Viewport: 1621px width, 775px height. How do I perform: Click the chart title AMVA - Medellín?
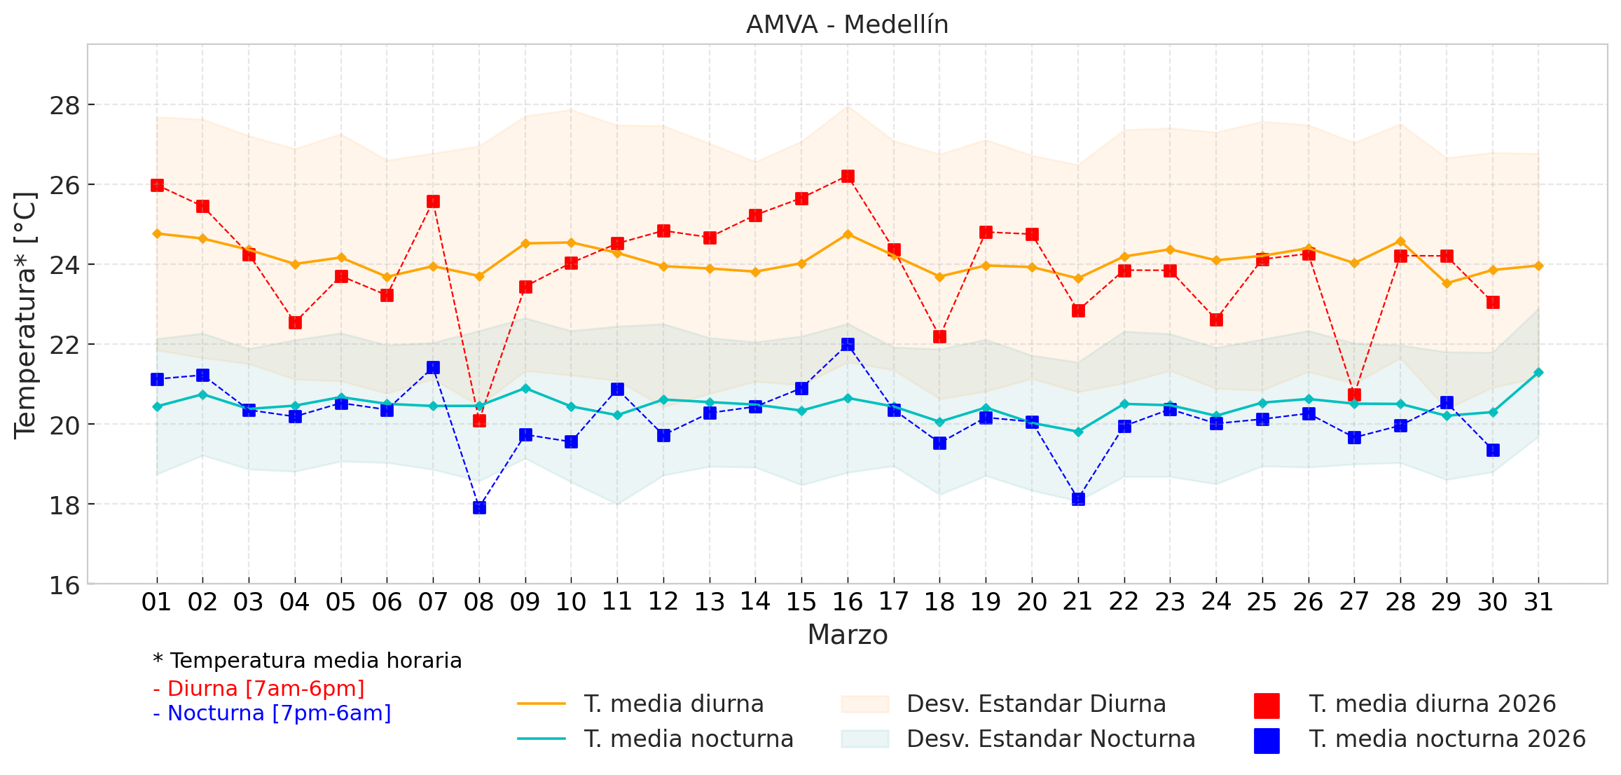[x=847, y=25]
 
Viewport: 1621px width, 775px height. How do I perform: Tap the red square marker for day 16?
[x=848, y=176]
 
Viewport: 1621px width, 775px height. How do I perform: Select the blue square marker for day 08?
[x=479, y=507]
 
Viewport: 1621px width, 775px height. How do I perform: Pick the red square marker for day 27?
[x=1354, y=395]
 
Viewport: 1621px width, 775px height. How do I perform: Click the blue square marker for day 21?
[x=1078, y=499]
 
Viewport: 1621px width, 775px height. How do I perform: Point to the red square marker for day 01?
[x=157, y=185]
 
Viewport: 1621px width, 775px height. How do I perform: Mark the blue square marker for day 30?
[x=1493, y=450]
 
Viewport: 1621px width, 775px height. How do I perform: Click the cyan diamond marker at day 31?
[x=1538, y=372]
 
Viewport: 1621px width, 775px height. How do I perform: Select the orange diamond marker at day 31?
[x=1538, y=266]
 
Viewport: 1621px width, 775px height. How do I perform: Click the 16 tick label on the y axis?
[x=64, y=584]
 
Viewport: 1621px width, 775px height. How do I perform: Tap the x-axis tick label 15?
[x=801, y=602]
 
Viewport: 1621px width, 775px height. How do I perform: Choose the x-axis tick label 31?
[x=1538, y=602]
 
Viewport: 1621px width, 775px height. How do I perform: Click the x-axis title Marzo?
[x=847, y=635]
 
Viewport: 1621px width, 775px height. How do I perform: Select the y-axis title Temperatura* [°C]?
[x=25, y=315]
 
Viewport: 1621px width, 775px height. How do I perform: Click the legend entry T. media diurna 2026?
[x=1432, y=704]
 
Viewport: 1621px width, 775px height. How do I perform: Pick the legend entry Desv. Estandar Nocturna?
[x=1051, y=739]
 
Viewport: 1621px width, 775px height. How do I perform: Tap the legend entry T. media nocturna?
[x=689, y=739]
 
